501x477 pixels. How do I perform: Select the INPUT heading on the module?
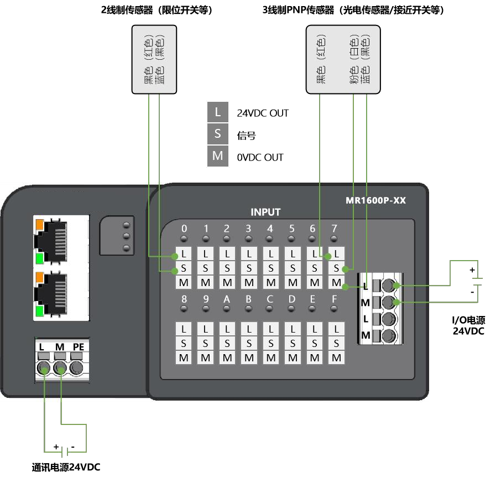[265, 212]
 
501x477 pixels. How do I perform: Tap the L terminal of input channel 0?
[184, 255]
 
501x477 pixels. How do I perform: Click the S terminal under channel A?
[227, 343]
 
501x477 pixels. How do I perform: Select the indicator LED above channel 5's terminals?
[293, 239]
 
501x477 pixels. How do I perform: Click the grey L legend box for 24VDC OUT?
[218, 112]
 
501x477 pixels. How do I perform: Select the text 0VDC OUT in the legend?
[260, 158]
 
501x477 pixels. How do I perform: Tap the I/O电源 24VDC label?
[468, 325]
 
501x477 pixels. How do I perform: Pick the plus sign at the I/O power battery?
[472, 270]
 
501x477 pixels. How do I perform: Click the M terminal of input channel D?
[293, 357]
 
